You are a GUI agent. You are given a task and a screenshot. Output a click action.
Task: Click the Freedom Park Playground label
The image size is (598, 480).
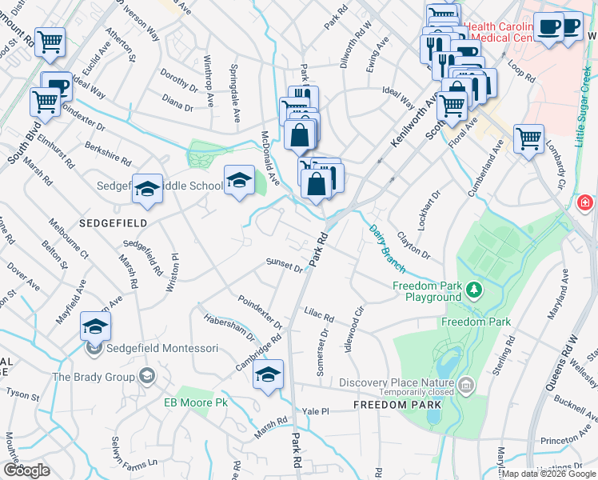(x=427, y=291)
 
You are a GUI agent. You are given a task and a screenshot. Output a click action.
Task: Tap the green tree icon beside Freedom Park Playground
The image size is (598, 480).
(x=474, y=289)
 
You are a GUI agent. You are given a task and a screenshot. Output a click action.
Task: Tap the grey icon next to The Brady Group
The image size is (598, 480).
(x=146, y=375)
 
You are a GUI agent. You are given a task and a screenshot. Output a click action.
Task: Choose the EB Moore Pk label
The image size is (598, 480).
(x=196, y=402)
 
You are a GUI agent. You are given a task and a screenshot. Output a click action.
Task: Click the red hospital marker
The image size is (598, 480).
(x=586, y=203)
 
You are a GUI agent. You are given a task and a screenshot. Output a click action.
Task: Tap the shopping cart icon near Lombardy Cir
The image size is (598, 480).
(x=529, y=139)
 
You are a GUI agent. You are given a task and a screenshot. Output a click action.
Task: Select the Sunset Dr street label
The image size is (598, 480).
(x=285, y=266)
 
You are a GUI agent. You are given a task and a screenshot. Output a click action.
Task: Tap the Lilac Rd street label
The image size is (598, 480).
(x=317, y=313)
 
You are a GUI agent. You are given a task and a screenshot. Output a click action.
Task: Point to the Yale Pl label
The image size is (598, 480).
(x=315, y=411)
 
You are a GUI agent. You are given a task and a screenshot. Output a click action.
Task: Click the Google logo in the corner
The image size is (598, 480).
(x=26, y=470)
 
